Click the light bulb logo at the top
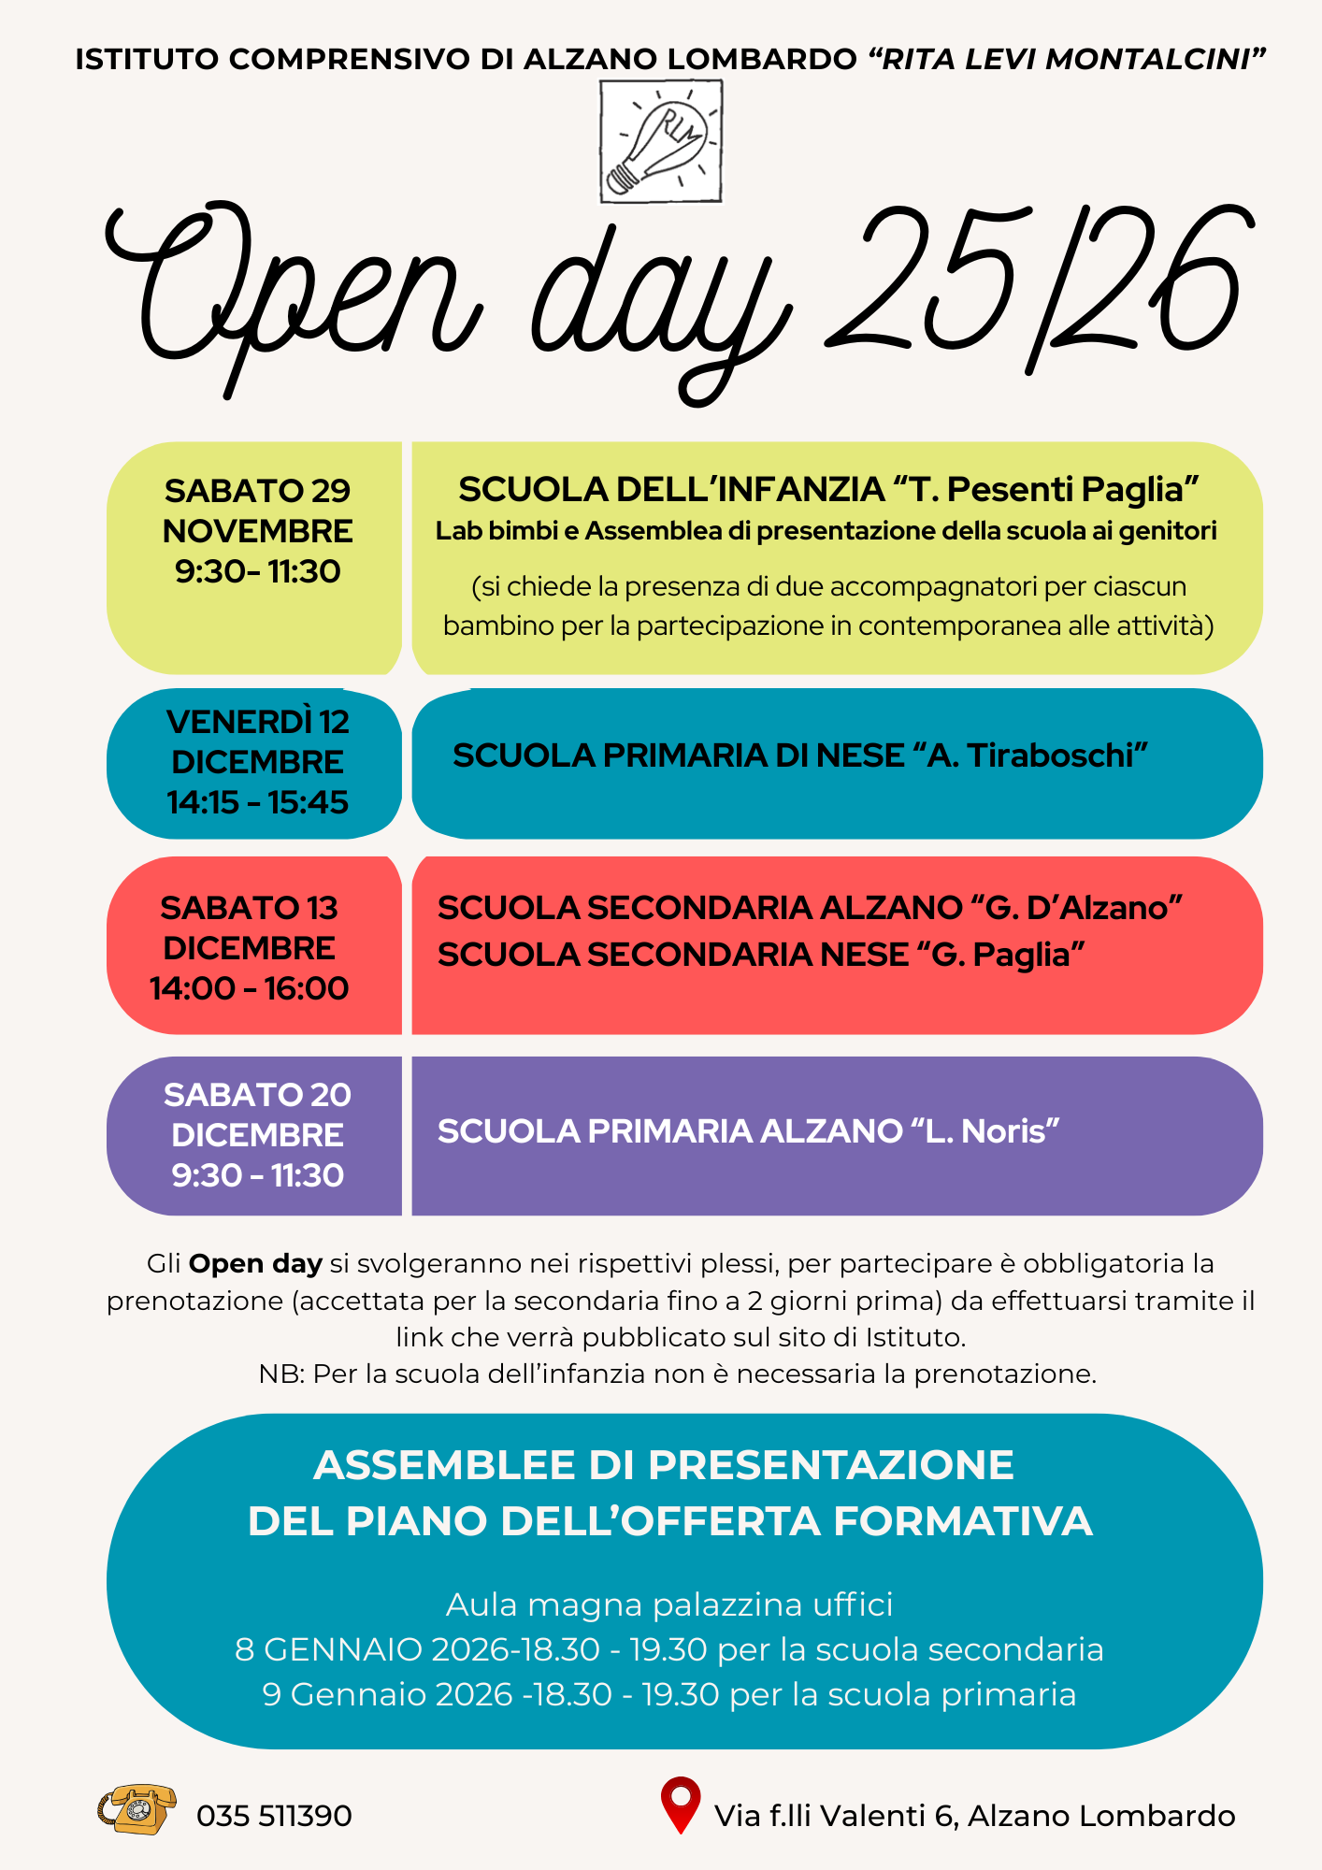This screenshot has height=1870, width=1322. [x=660, y=141]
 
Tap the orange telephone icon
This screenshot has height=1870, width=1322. [x=137, y=1808]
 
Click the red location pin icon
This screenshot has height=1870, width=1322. [x=680, y=1803]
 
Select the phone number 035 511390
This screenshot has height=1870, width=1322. [x=274, y=1816]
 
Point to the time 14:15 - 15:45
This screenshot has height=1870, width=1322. [x=257, y=802]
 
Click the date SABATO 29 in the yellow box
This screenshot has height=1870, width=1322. [x=257, y=491]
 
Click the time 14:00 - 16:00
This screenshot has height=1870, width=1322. [x=249, y=988]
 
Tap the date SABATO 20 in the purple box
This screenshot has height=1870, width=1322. [x=257, y=1095]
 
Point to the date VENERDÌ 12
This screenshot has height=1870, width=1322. [x=257, y=722]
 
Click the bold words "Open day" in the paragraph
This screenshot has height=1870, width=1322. [x=255, y=1264]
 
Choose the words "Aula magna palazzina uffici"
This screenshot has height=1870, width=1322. [x=669, y=1604]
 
